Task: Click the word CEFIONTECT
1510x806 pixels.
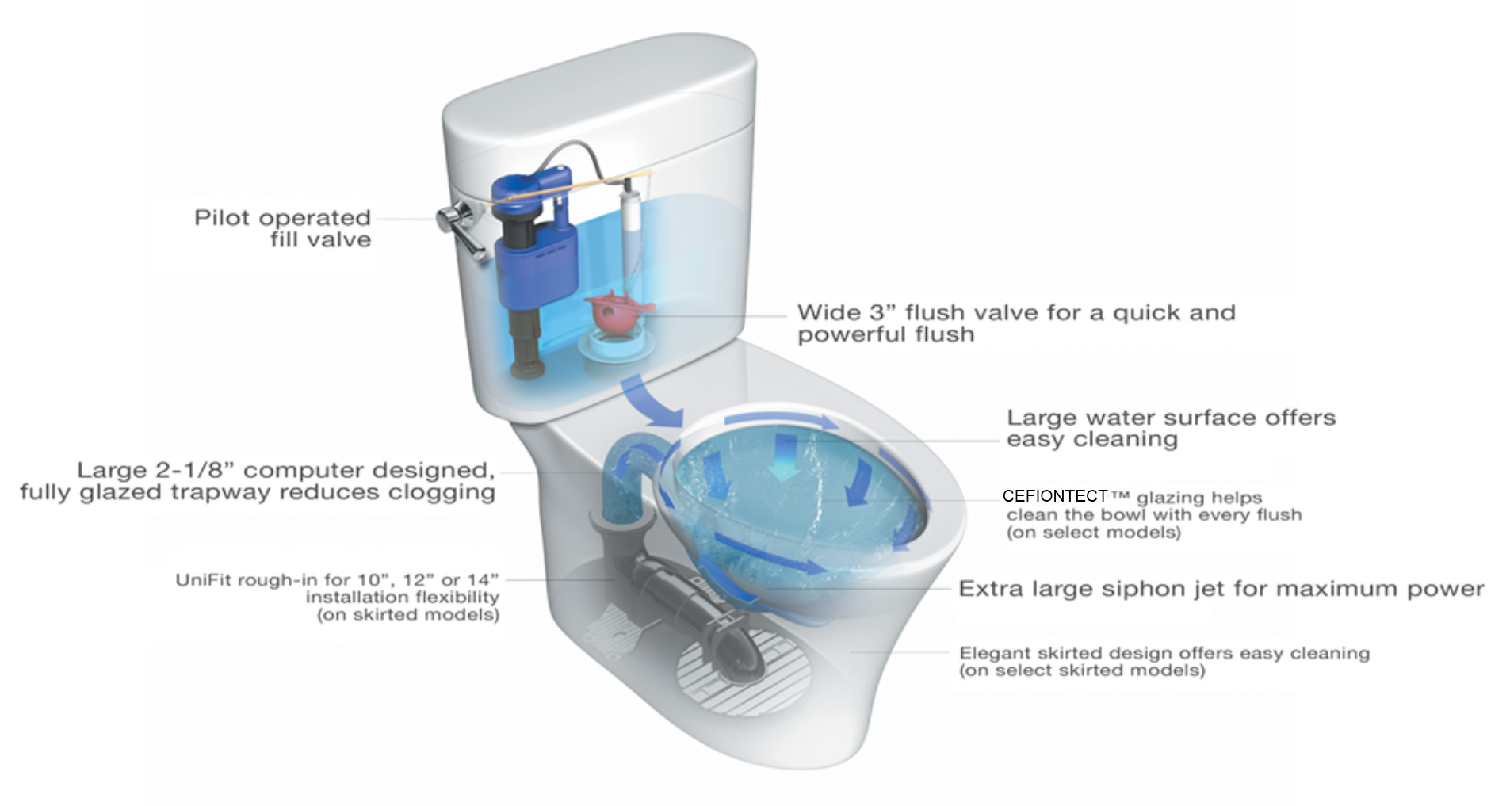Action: click(x=1054, y=496)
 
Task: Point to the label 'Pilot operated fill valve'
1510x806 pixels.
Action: click(x=282, y=228)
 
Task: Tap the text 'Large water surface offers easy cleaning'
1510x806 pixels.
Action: click(x=1171, y=429)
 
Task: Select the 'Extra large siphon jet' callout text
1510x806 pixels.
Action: click(x=1221, y=589)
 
